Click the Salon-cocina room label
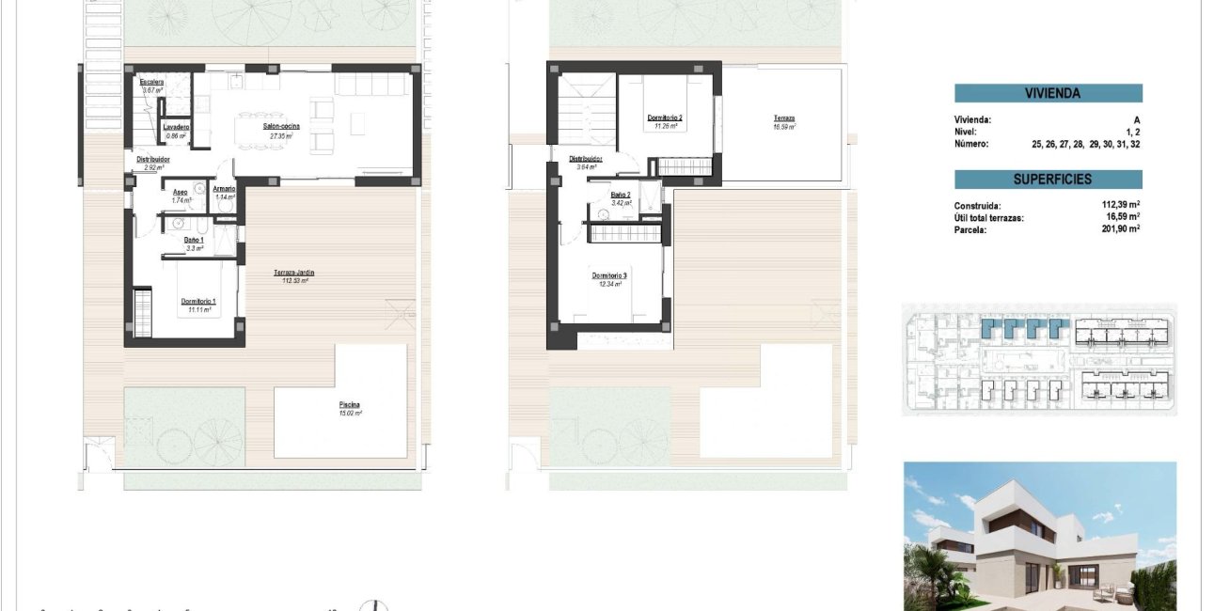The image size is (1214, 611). click(x=276, y=125)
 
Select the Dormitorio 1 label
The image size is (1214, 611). click(x=198, y=301)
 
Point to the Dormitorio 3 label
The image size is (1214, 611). click(x=609, y=274)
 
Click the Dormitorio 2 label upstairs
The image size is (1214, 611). click(x=665, y=117)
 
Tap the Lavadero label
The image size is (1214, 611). click(x=176, y=127)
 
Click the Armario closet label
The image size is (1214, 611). click(x=224, y=188)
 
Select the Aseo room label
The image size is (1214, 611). click(x=181, y=192)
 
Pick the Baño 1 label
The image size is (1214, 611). click(x=194, y=240)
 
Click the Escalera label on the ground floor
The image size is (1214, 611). click(x=152, y=83)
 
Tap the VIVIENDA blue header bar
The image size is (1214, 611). click(x=1048, y=93)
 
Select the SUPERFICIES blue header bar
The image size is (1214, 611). click(x=1048, y=180)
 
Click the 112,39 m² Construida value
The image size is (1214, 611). click(x=1121, y=205)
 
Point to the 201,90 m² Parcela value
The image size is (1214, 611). click(x=1121, y=228)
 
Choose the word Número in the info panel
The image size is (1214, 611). click(x=972, y=144)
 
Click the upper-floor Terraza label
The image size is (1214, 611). click(x=783, y=117)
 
